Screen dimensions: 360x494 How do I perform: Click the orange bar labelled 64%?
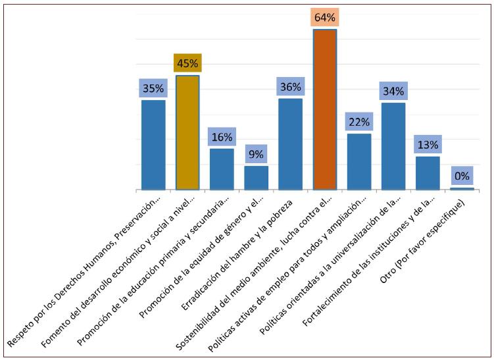pyautogui.click(x=324, y=109)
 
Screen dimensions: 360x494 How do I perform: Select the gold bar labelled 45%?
pyautogui.click(x=187, y=132)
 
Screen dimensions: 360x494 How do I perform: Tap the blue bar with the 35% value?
pyautogui.click(x=153, y=144)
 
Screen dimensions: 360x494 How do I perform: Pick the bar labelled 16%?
pyautogui.click(x=222, y=168)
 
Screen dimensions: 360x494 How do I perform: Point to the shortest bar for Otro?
pyautogui.click(x=461, y=188)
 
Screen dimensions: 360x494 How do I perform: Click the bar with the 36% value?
pyautogui.click(x=290, y=143)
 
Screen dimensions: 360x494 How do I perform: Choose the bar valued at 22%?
pyautogui.click(x=358, y=161)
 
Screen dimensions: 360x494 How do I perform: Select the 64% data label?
pyautogui.click(x=324, y=18)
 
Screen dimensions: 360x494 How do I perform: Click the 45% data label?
pyautogui.click(x=187, y=63)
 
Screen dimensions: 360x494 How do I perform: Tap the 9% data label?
pyautogui.click(x=256, y=155)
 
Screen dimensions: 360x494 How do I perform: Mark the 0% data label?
pyautogui.click(x=461, y=176)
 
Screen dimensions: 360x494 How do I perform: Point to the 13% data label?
pyautogui.click(x=427, y=145)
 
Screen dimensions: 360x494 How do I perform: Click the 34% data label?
pyautogui.click(x=393, y=91)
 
